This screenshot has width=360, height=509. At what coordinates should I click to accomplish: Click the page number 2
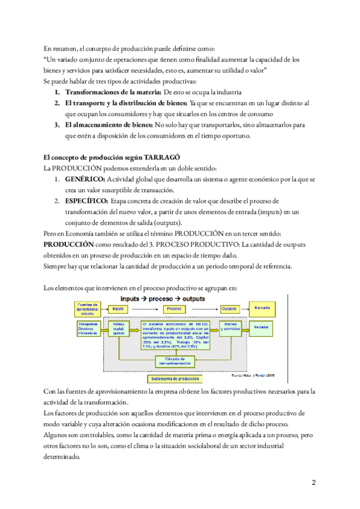[313, 482]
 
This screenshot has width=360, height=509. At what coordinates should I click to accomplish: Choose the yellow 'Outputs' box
[229, 309]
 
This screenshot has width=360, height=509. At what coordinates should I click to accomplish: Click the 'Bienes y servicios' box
[229, 328]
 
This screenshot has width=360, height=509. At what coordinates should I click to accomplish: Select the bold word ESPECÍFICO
[86, 200]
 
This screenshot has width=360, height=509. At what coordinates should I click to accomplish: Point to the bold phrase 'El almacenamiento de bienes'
[108, 125]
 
